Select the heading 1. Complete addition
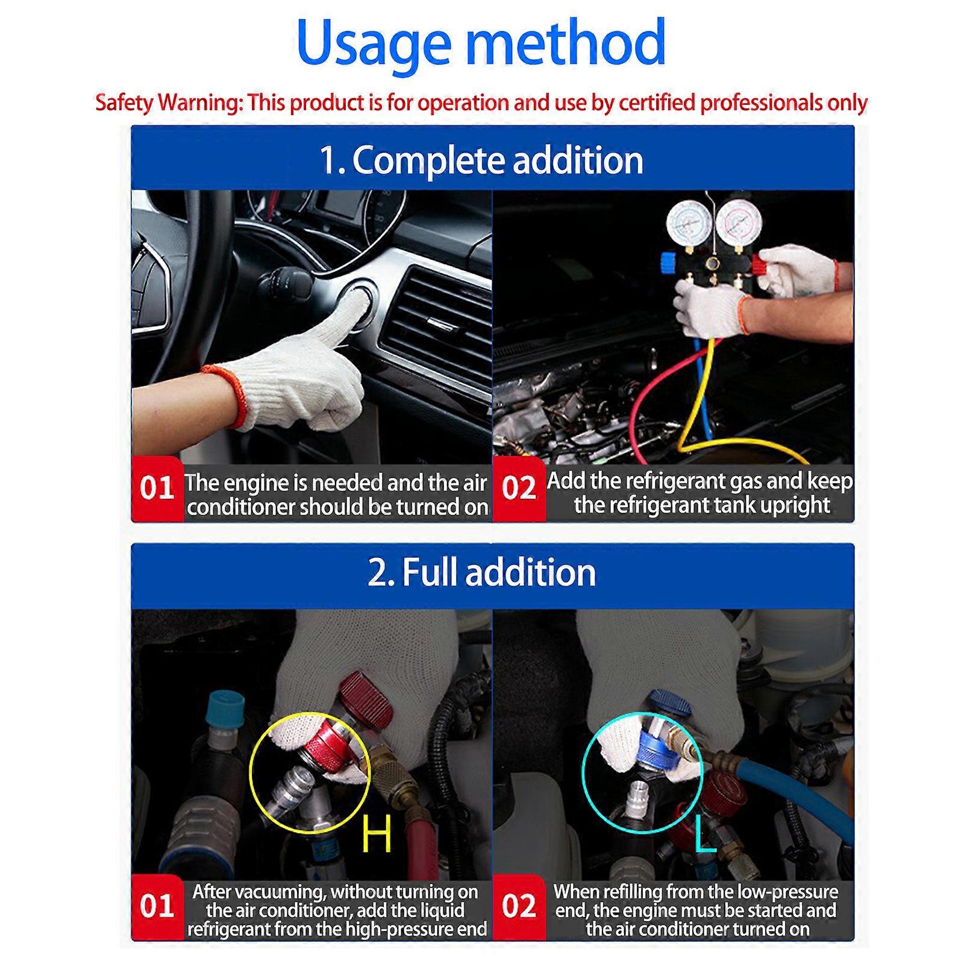point(481,160)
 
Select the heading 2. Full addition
point(481,572)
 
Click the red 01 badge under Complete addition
point(157,489)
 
